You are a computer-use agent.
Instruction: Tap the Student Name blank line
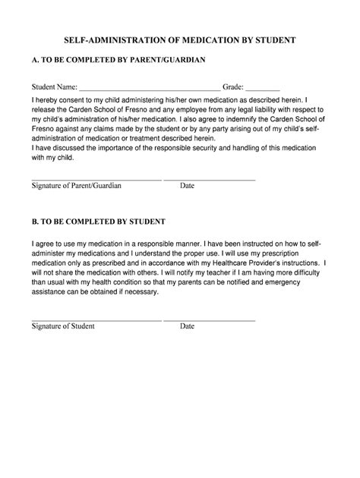(150, 89)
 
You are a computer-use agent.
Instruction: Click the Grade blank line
(264, 89)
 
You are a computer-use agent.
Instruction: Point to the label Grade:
(232, 86)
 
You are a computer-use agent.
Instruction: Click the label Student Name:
(54, 86)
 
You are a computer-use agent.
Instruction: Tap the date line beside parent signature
(210, 179)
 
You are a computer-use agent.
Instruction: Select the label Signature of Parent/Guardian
(76, 185)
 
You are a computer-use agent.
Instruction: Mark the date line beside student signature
(210, 320)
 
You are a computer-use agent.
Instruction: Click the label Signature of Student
(63, 326)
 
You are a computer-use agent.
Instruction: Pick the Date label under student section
(188, 326)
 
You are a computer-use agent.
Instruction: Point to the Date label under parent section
(188, 185)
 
